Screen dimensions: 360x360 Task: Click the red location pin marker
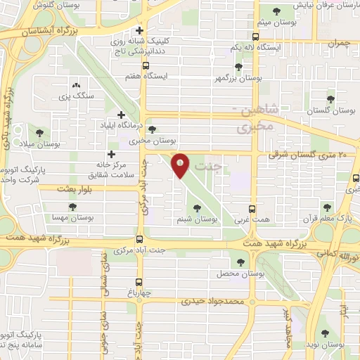point(181,165)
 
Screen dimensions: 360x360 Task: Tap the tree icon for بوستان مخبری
point(152,129)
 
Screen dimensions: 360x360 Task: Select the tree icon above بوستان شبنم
point(197,207)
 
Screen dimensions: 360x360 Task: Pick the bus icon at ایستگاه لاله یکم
point(255,37)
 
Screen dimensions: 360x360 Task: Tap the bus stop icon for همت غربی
point(255,209)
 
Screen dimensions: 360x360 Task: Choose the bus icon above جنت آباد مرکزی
point(139,239)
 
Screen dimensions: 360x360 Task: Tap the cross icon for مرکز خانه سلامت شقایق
point(111,154)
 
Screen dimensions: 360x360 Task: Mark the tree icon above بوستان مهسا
point(72,207)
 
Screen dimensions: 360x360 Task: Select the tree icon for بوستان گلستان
point(330,100)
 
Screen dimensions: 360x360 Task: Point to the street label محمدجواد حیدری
point(210,301)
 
